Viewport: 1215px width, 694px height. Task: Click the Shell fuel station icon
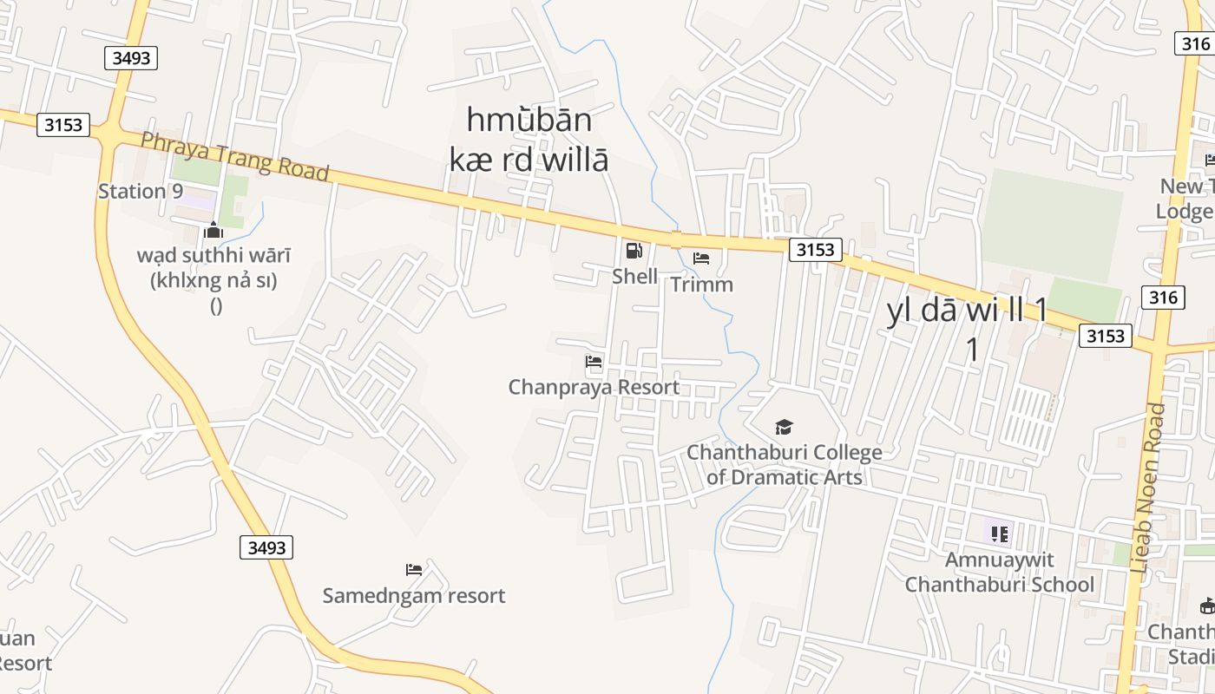(634, 252)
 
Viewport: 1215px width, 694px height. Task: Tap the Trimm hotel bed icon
(701, 259)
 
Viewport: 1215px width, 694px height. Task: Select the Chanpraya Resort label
(594, 387)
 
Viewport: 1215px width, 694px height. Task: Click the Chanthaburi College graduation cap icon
(784, 427)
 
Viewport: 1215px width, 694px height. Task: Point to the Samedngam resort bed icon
(414, 570)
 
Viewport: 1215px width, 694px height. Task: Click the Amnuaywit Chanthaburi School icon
(999, 534)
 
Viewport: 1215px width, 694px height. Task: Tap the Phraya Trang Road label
(234, 156)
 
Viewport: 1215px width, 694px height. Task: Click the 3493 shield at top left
(131, 58)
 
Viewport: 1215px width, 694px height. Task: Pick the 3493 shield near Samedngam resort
(266, 547)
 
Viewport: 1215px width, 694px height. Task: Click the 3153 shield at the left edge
(63, 125)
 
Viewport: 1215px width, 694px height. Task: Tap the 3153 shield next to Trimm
(816, 251)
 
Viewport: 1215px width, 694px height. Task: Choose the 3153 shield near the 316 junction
(1106, 336)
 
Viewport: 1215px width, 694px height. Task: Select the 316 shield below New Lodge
(1163, 298)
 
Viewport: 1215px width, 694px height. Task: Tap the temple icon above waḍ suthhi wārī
(213, 230)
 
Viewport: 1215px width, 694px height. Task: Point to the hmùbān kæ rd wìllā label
(529, 139)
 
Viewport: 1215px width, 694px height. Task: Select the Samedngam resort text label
(414, 596)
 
